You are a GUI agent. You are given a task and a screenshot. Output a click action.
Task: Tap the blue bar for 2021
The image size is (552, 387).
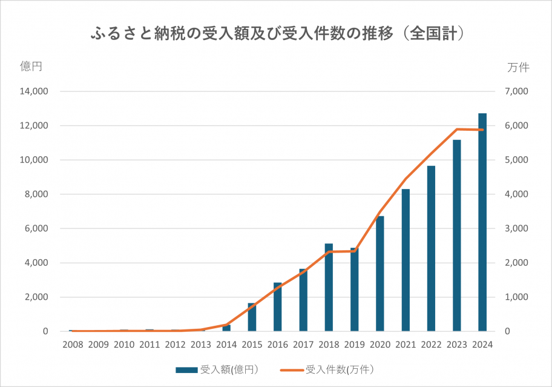pyautogui.click(x=406, y=260)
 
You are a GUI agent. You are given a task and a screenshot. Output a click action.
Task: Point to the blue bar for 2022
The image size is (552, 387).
pyautogui.click(x=431, y=248)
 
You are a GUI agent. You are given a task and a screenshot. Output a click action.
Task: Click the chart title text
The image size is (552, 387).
pyautogui.click(x=276, y=32)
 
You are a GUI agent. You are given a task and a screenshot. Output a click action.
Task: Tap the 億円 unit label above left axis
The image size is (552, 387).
pyautogui.click(x=31, y=67)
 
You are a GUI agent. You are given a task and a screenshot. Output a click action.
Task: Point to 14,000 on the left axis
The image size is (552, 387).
pyautogui.click(x=34, y=91)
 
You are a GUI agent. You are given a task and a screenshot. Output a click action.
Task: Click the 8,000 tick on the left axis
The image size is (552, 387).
pyautogui.click(x=37, y=194)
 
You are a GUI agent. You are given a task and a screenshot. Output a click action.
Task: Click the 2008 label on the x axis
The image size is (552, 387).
pyautogui.click(x=73, y=345)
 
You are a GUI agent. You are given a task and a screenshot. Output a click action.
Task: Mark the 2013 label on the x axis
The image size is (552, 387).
pyautogui.click(x=200, y=345)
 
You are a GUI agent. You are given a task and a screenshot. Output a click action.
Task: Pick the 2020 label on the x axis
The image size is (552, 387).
pyautogui.click(x=379, y=345)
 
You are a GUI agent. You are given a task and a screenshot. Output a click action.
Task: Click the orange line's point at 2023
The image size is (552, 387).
pyautogui.click(x=457, y=129)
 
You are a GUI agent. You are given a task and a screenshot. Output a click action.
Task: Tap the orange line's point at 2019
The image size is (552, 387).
pyautogui.click(x=355, y=251)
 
